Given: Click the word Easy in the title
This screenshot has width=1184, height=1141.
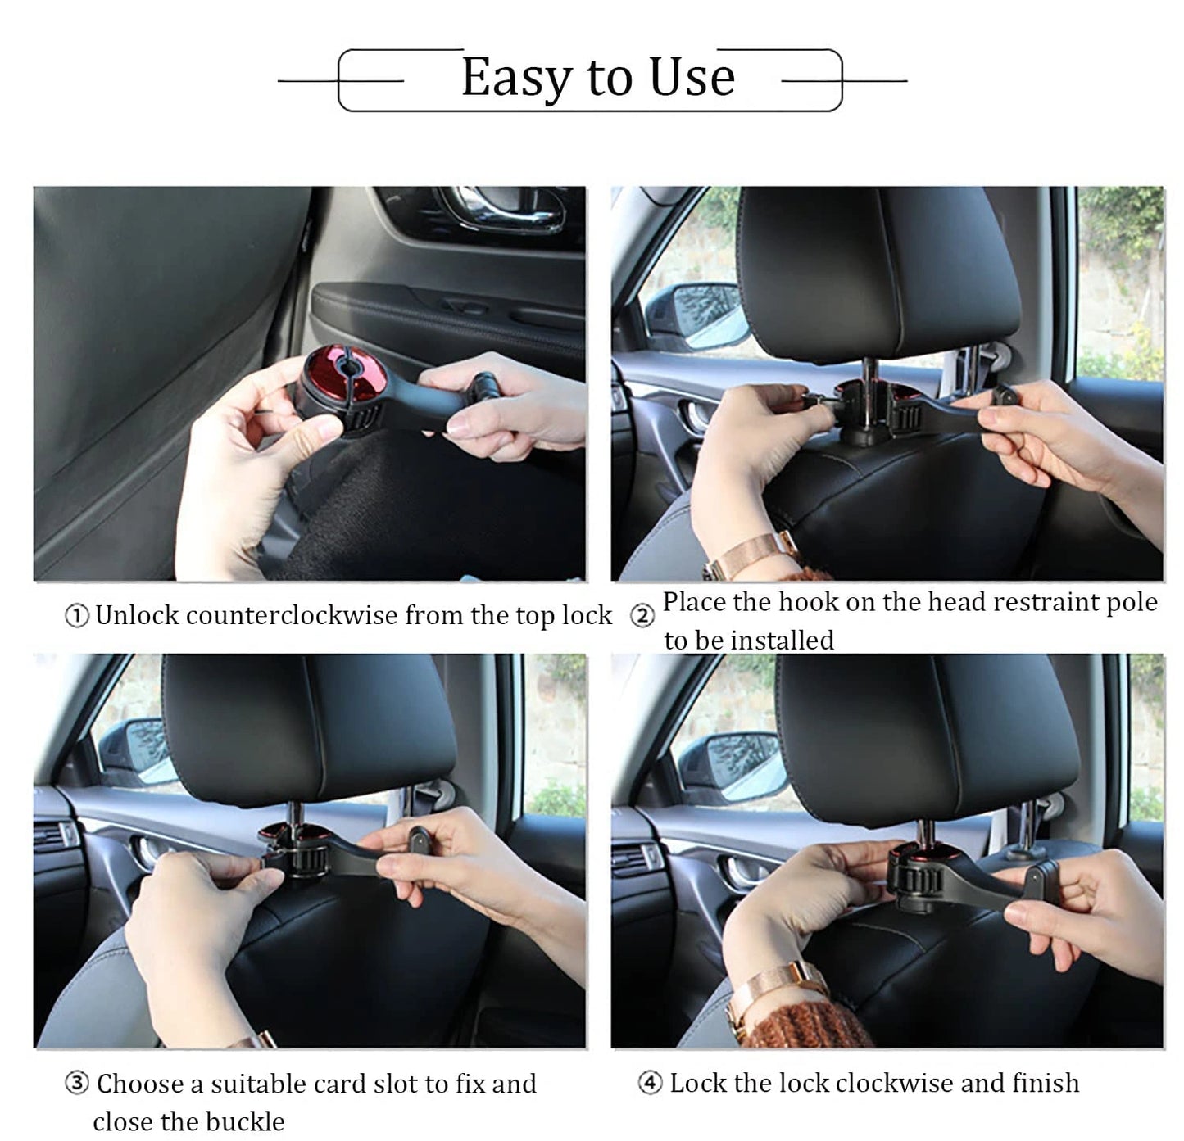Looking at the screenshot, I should click(517, 78).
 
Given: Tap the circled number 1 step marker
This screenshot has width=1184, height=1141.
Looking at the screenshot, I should click(76, 616).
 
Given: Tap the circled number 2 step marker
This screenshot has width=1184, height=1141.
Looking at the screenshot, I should click(642, 616).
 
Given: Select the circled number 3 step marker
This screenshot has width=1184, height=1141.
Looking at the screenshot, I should click(76, 1084).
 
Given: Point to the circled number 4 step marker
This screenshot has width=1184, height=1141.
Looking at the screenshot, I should click(650, 1084).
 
